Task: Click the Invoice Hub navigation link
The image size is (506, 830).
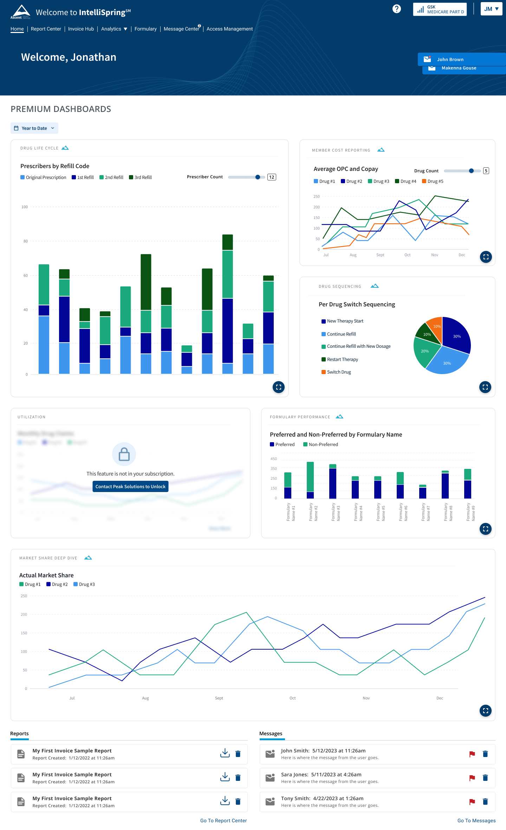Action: point(81,29)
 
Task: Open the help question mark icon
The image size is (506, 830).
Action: point(396,9)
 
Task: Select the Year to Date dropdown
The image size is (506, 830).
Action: point(34,128)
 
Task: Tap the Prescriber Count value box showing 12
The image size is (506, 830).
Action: point(272,177)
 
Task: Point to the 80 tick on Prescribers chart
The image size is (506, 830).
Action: point(26,241)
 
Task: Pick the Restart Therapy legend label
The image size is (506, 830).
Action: point(342,359)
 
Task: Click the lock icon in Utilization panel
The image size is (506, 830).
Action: point(124,454)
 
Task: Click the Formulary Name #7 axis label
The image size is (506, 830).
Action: point(426,512)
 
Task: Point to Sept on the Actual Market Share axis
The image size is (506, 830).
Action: point(219,698)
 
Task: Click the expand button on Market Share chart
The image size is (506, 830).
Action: point(485,711)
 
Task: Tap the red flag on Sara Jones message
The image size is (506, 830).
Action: point(472,778)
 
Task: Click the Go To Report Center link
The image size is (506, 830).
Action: point(223,821)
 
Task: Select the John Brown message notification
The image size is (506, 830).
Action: point(450,60)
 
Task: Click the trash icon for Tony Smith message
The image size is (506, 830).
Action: point(485,802)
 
